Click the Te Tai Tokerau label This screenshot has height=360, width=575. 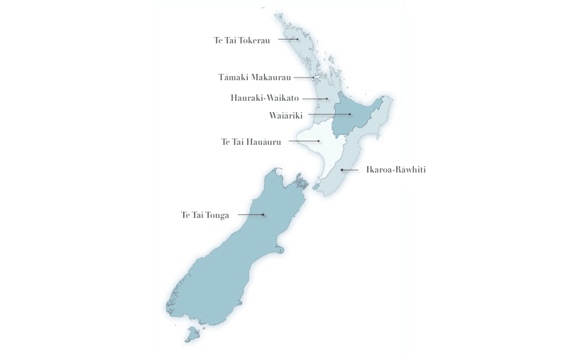[x=243, y=40]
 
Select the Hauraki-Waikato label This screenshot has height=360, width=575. [x=265, y=99]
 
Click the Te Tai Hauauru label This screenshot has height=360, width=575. [x=251, y=141]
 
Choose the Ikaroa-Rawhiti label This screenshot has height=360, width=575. [x=395, y=170]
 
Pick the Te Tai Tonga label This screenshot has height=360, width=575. [x=204, y=214]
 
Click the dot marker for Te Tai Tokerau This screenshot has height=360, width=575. [x=297, y=40]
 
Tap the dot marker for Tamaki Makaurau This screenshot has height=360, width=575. [x=313, y=77]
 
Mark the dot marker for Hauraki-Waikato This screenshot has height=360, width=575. [x=327, y=99]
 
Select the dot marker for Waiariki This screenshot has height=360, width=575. [x=350, y=114]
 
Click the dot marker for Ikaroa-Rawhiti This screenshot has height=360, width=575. [x=341, y=170]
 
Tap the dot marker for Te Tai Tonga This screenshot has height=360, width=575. [x=263, y=214]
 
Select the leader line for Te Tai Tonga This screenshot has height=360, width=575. [x=249, y=214]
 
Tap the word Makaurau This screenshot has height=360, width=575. [x=273, y=77]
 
